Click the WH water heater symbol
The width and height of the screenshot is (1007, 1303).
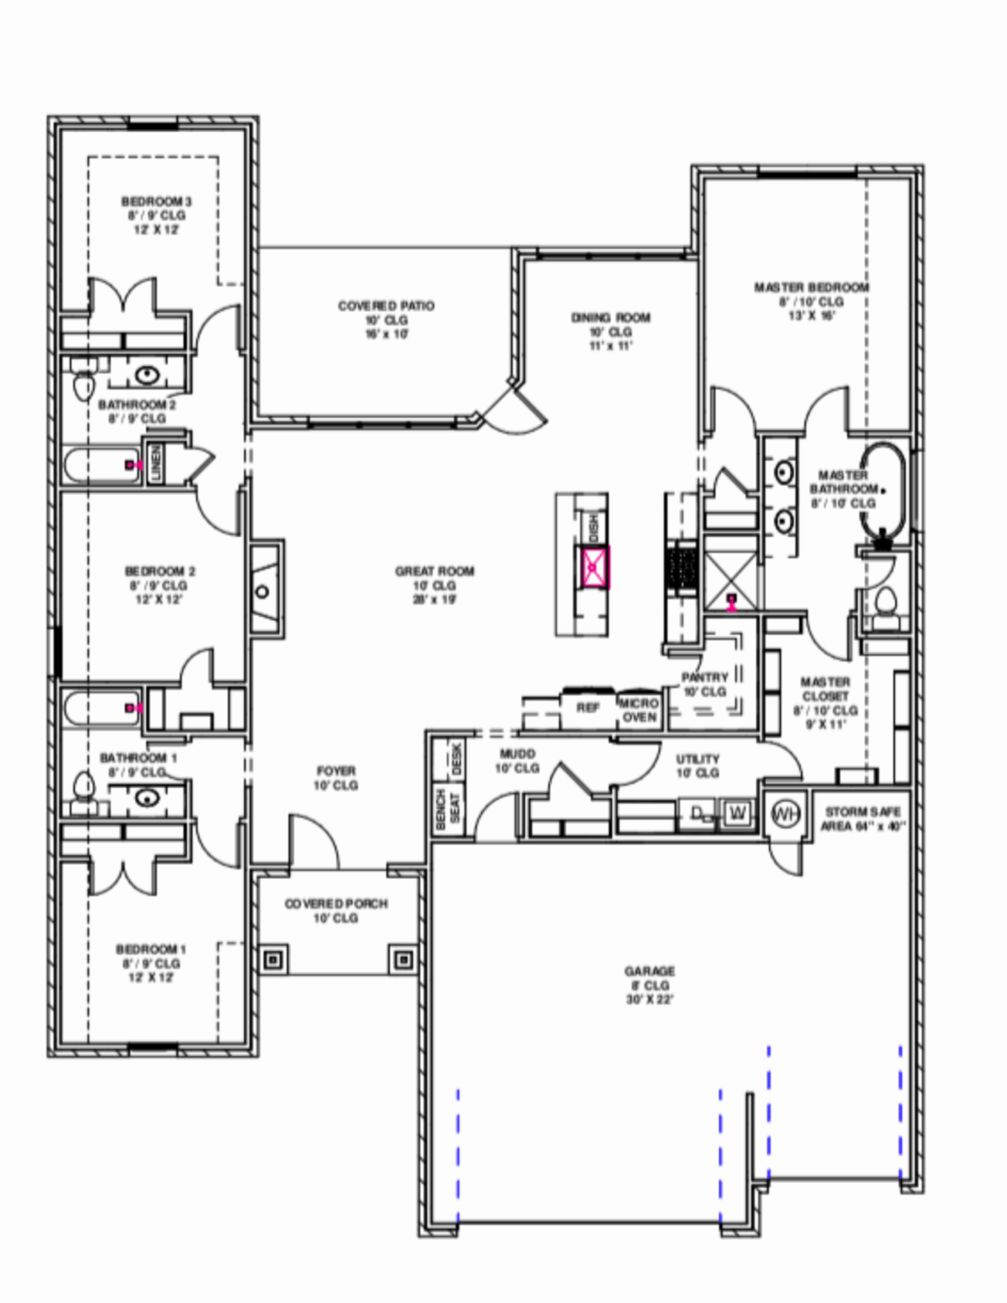pyautogui.click(x=786, y=814)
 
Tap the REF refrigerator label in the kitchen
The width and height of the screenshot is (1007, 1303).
pyautogui.click(x=588, y=707)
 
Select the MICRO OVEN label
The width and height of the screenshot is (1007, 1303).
pyautogui.click(x=639, y=711)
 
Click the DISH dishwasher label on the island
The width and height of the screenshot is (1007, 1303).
pyautogui.click(x=592, y=528)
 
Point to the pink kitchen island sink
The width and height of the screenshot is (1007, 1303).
pyautogui.click(x=594, y=568)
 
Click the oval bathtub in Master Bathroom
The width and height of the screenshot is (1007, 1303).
pyautogui.click(x=883, y=490)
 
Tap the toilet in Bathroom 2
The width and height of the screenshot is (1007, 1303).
pyautogui.click(x=83, y=384)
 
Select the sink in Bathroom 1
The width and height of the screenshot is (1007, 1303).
pyautogui.click(x=148, y=797)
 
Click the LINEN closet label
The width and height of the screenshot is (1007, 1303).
pyautogui.click(x=156, y=464)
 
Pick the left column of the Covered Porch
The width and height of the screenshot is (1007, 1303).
pyautogui.click(x=272, y=959)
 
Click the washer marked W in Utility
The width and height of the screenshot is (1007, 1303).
pyautogui.click(x=737, y=814)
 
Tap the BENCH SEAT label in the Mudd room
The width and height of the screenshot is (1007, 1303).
pyautogui.click(x=447, y=808)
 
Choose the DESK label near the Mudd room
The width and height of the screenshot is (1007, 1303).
pyautogui.click(x=456, y=758)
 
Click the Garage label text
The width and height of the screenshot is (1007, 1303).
pyautogui.click(x=650, y=970)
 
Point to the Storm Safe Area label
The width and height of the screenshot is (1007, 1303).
pyautogui.click(x=862, y=819)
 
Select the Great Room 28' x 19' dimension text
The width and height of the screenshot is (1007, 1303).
pyautogui.click(x=434, y=600)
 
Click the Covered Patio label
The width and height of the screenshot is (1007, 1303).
pyautogui.click(x=386, y=305)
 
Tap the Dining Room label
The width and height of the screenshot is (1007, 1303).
pyautogui.click(x=610, y=317)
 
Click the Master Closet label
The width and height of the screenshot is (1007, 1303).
pyautogui.click(x=825, y=689)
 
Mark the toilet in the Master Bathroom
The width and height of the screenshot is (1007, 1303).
pyautogui.click(x=885, y=601)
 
